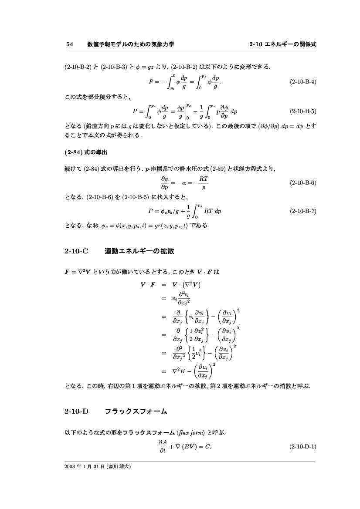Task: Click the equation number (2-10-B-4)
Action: click(x=303, y=81)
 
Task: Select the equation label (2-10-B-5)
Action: click(x=303, y=111)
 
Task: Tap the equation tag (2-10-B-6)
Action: click(x=303, y=183)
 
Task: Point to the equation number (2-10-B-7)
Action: click(x=303, y=211)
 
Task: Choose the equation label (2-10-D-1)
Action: click(x=303, y=447)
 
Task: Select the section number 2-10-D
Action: click(x=76, y=411)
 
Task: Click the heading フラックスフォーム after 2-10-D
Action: click(x=136, y=411)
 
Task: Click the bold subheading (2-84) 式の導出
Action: click(x=85, y=153)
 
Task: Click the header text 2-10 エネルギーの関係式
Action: click(x=282, y=44)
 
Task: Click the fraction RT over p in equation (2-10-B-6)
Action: click(x=203, y=183)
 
